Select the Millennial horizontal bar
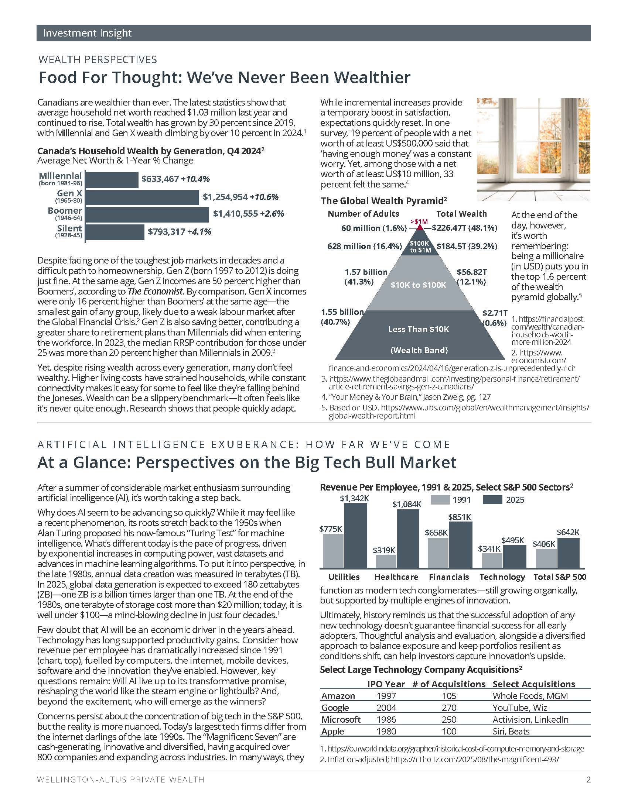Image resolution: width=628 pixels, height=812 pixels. click(112, 180)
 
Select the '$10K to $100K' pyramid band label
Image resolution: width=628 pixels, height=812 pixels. click(418, 285)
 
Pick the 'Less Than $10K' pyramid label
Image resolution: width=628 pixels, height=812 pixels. click(419, 329)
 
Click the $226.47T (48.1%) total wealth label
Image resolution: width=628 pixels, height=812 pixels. click(464, 228)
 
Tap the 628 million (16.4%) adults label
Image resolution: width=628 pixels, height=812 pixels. click(364, 246)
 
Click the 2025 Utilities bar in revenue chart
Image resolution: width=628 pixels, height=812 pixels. click(355, 536)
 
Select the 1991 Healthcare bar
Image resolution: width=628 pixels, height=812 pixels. click(386, 561)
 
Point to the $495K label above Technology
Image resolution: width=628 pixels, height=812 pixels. click(513, 540)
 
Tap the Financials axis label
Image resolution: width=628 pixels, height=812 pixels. click(449, 577)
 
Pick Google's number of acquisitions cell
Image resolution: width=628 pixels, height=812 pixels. click(449, 708)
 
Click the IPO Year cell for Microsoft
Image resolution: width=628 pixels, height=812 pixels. click(386, 719)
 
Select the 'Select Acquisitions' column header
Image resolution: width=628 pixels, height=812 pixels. click(533, 684)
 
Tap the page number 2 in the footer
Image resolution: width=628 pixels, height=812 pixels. click(588, 780)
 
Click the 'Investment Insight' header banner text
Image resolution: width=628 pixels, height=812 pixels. click(88, 33)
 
